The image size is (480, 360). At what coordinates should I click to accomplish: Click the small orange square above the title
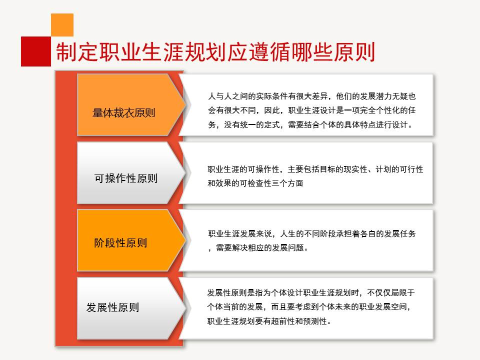coord(62,24)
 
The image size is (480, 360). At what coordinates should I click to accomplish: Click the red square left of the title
coord(36,51)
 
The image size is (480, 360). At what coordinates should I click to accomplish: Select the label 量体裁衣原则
coord(124,112)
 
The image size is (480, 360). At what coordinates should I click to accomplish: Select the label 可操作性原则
coord(126,178)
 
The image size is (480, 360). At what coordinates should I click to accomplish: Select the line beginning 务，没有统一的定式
coord(310,124)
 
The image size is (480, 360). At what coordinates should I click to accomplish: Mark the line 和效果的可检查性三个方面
coord(255,183)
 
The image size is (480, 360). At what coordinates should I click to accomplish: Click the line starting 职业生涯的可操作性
coord(315,169)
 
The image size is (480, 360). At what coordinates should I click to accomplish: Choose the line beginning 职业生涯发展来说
coord(311,233)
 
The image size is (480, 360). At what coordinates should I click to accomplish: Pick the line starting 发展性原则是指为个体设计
coord(311,292)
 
